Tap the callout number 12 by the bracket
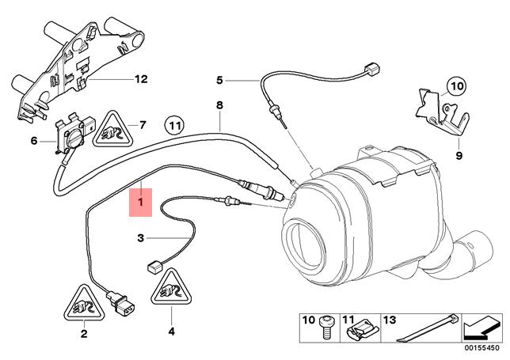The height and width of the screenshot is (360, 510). pos(141,79)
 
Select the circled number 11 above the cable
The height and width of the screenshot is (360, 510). pos(174,125)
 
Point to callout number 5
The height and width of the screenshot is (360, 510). pos(220,80)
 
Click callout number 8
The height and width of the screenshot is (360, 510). pos(220,104)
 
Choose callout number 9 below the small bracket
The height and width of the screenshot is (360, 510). pos(458,157)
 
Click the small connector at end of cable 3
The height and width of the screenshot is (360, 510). pos(154,266)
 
